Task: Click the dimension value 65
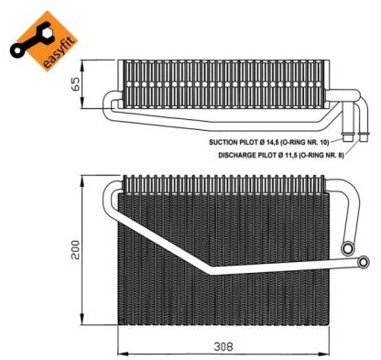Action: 75,83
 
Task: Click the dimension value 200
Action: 75,250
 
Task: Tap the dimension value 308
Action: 223,346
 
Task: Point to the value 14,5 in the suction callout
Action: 277,142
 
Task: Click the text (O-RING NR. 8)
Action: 321,156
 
